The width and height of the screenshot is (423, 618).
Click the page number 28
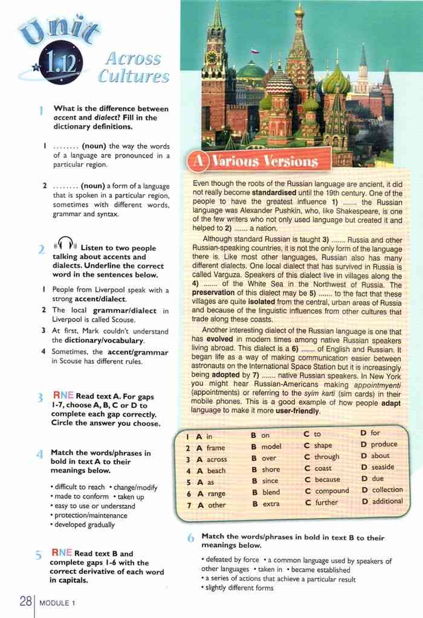(25, 601)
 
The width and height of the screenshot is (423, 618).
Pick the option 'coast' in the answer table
(323, 468)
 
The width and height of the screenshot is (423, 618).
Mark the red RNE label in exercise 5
(62, 553)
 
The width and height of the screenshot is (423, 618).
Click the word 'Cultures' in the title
(134, 77)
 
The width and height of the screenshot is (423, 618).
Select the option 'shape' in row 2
(323, 446)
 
